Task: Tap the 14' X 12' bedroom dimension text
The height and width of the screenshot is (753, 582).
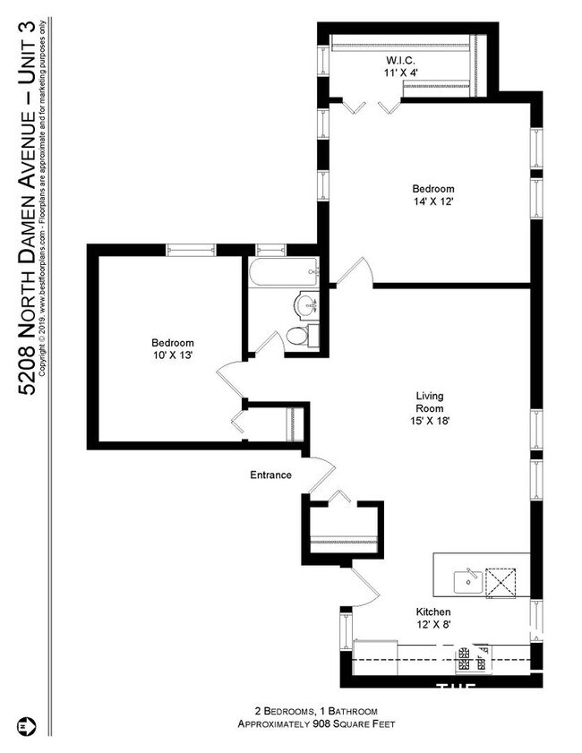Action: point(433,203)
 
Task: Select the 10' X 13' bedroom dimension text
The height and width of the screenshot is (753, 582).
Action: point(173,355)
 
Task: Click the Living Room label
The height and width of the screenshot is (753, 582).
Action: point(430,396)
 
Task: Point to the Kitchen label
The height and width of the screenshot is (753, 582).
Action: point(433,612)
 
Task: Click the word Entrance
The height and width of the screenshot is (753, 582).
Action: point(270,475)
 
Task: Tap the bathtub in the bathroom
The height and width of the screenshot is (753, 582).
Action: point(283,272)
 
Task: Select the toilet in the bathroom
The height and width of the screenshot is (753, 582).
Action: point(297,337)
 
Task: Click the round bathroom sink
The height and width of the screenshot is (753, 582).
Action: point(307,304)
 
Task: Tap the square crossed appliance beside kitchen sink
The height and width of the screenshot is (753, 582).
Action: point(500,582)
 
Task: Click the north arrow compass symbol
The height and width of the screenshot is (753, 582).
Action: point(24,723)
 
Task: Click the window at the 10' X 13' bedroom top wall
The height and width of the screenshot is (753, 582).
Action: point(189,250)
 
